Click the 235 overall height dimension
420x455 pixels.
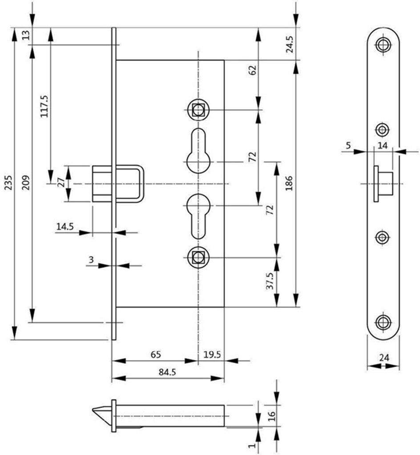[x=9, y=183]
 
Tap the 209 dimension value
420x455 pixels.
[x=26, y=183]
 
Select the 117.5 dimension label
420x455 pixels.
[x=44, y=106]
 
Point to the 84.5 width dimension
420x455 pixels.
[x=167, y=372]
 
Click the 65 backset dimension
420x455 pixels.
[x=156, y=354]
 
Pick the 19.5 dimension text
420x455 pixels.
[x=212, y=354]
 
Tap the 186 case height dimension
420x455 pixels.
[x=289, y=184]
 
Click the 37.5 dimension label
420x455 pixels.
[x=270, y=281]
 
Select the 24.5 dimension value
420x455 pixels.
[x=290, y=44]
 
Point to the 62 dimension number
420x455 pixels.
[x=253, y=70]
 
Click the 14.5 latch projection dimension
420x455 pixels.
[x=65, y=226]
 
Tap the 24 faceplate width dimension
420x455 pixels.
[x=384, y=358]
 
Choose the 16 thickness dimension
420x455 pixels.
[x=271, y=416]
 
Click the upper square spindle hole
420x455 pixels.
[x=198, y=110]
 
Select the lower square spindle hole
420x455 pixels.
[x=198, y=257]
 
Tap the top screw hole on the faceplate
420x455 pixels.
[x=383, y=45]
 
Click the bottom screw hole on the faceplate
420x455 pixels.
[x=383, y=322]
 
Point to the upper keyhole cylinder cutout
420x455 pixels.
[x=198, y=151]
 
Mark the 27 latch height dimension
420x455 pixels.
[x=61, y=183]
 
